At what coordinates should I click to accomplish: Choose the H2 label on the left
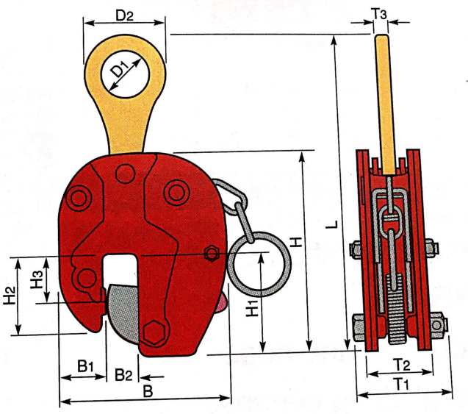click(10, 295)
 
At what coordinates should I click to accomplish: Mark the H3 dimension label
click(35, 278)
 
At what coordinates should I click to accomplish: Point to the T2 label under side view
click(400, 364)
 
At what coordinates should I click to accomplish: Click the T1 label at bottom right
click(401, 385)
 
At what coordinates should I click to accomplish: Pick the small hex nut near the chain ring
click(212, 254)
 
